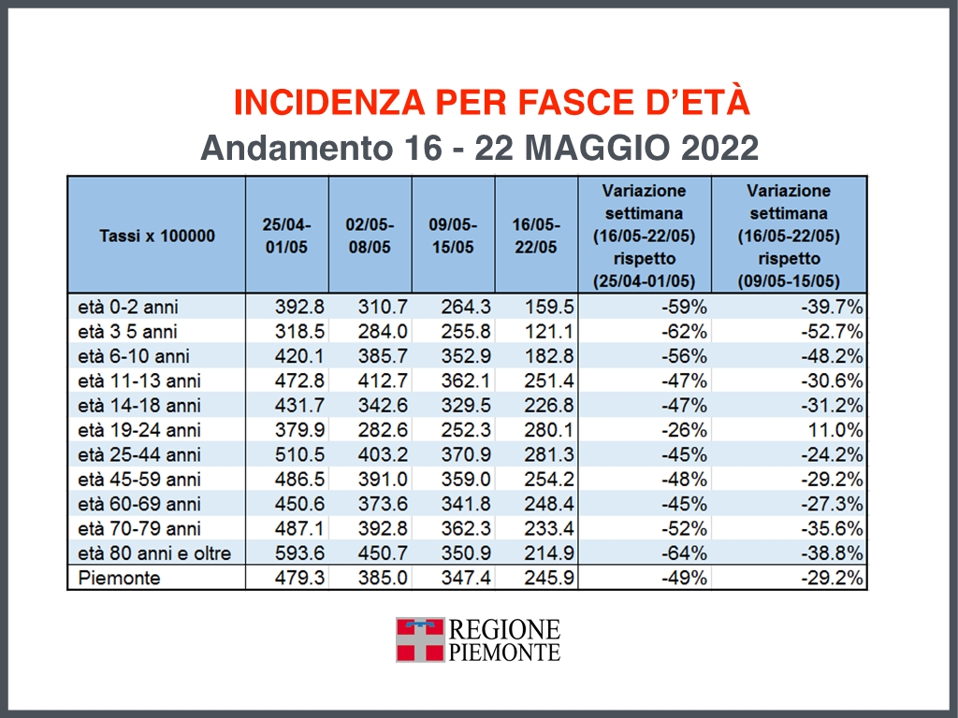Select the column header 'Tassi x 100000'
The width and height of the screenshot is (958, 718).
pos(156,236)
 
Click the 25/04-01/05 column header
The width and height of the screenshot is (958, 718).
pos(286,236)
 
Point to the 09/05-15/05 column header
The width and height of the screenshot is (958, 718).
pos(453,236)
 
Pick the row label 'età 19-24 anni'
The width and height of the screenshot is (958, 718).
pos(139,430)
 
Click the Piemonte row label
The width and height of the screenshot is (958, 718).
pos(120,578)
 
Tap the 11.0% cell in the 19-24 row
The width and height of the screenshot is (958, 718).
pos(835,430)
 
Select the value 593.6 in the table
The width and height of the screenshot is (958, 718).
pos(300,553)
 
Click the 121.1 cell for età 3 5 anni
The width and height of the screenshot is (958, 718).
pos(550,331)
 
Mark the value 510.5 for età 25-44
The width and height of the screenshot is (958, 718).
pos(300,454)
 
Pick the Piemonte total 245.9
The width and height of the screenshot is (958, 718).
pos(550,578)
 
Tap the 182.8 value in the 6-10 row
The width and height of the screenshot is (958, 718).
pos(550,356)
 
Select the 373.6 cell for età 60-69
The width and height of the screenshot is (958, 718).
pos(384,504)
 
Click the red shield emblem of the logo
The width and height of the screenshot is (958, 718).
pos(419,639)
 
